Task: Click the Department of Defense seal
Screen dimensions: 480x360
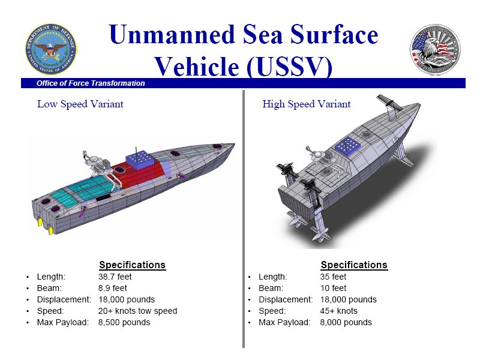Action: tap(51, 49)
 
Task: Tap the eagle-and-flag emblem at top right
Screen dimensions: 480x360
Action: tap(435, 49)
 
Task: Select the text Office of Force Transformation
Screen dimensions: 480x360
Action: tap(91, 83)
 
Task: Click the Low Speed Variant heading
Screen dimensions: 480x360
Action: tap(80, 104)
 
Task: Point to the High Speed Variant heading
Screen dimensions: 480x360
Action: tap(307, 104)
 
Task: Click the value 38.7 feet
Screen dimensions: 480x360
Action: tap(115, 277)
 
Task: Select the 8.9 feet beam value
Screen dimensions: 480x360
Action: tap(112, 288)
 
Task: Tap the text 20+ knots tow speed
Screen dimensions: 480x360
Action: tap(138, 311)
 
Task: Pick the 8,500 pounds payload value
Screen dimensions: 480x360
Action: tap(124, 322)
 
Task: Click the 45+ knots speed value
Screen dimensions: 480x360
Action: tap(338, 311)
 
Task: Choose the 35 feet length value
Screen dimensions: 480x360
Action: tap(333, 277)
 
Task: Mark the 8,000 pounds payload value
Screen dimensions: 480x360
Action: tap(346, 322)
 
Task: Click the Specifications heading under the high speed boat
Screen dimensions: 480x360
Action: tap(354, 265)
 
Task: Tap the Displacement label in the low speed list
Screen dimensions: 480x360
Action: tap(64, 299)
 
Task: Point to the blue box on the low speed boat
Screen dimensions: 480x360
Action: tap(140, 160)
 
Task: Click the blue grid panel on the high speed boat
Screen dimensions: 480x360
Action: tap(348, 146)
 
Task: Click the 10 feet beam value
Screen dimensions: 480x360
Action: tap(333, 288)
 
